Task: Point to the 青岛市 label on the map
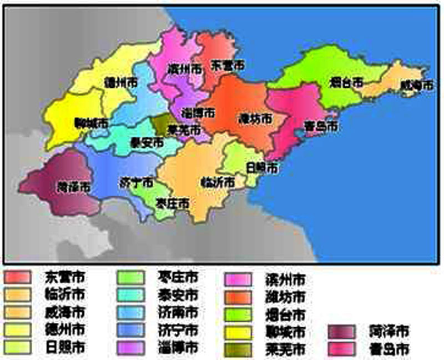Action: [x=321, y=126]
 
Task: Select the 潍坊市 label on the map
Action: [x=255, y=118]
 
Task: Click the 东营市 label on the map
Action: [x=227, y=64]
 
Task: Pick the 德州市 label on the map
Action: [x=121, y=82]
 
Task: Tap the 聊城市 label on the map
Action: [x=91, y=123]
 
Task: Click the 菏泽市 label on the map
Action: [x=73, y=187]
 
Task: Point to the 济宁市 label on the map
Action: [x=137, y=182]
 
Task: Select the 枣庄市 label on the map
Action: [x=173, y=203]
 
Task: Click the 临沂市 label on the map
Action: [x=217, y=182]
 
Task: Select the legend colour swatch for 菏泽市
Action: [x=342, y=332]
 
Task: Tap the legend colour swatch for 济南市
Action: [x=131, y=312]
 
